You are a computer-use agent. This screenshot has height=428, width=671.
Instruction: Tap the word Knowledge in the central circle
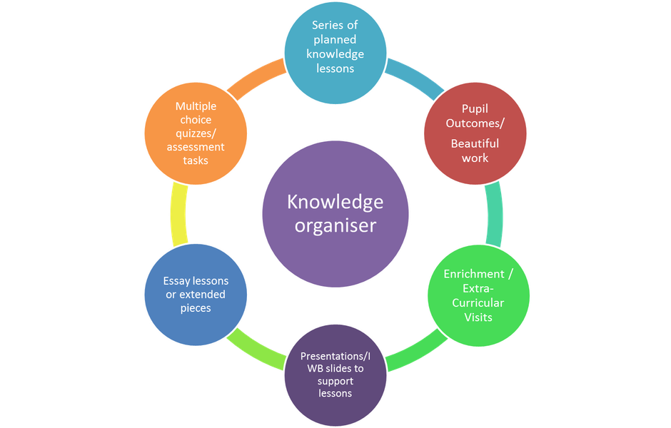click(x=335, y=203)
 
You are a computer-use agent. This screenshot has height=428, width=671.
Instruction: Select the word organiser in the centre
click(x=335, y=227)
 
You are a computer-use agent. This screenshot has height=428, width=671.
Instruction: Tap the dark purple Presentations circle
click(x=335, y=374)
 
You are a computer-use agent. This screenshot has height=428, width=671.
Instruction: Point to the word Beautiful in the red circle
click(x=475, y=143)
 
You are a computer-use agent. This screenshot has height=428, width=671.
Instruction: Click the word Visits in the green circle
click(x=478, y=317)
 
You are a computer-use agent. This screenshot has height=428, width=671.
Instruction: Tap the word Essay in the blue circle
click(x=176, y=281)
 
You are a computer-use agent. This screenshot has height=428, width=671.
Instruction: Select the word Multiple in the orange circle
click(x=196, y=106)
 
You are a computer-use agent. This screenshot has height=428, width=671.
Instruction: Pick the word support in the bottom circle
click(x=335, y=381)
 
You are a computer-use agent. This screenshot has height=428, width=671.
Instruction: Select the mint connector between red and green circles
click(x=494, y=215)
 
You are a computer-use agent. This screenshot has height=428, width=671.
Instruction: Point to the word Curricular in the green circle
click(x=478, y=302)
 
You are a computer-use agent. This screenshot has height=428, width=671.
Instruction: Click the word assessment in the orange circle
click(x=196, y=147)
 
